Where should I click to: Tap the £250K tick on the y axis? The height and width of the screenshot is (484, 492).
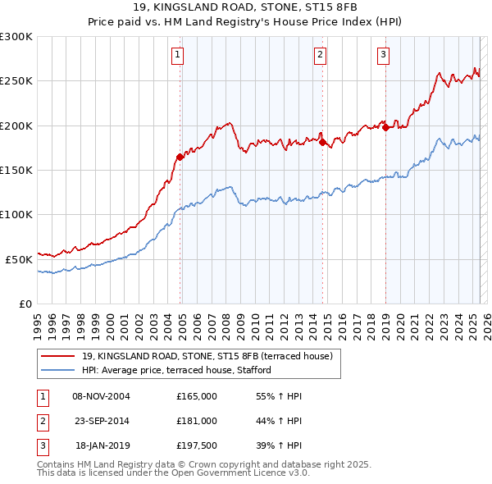[x=16, y=81]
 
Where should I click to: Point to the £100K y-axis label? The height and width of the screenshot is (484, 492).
[x=16, y=214]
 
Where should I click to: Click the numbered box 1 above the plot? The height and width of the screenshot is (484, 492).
[x=177, y=56]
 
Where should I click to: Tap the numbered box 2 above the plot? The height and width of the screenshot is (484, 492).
[x=320, y=56]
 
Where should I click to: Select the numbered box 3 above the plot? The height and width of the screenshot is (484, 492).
[x=383, y=56]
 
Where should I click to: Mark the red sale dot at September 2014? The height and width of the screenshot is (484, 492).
[x=322, y=142]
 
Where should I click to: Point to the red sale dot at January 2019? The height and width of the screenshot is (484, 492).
[x=385, y=127]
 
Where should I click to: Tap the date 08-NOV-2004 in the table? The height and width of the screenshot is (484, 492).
[x=101, y=396]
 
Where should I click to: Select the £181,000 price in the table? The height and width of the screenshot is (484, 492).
[x=197, y=420]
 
